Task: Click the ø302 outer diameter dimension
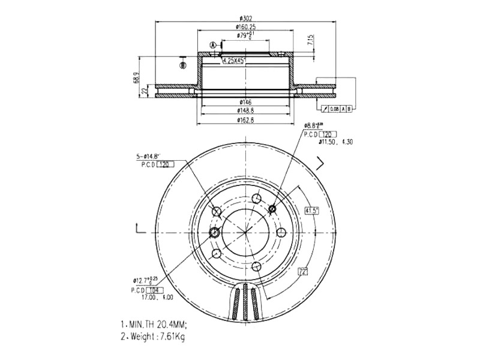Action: [245, 17]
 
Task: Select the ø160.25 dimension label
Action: [246, 26]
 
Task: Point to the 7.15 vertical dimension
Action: [310, 41]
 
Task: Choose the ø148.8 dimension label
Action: [245, 111]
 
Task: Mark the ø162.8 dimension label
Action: [245, 120]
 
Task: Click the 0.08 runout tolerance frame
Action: [335, 109]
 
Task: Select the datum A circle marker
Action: [213, 46]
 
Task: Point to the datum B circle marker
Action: [183, 65]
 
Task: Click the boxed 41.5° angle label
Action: [311, 211]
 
